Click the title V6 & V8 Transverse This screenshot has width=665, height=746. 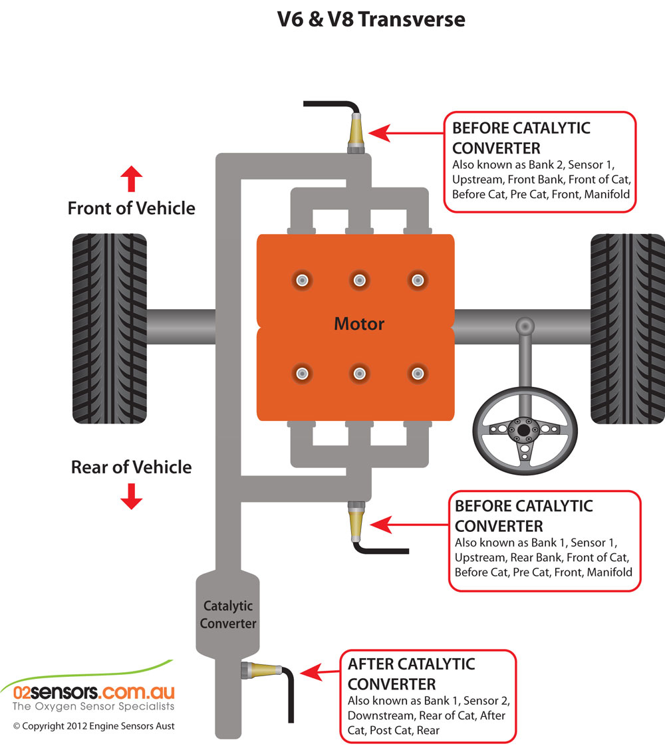click(371, 20)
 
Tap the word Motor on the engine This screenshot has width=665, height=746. click(359, 324)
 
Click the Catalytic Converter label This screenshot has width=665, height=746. click(228, 615)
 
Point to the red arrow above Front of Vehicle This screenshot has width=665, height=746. click(132, 179)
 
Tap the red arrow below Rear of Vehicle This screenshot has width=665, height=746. click(132, 496)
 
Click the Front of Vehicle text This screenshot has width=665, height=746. click(132, 208)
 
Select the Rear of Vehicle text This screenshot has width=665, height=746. click(132, 467)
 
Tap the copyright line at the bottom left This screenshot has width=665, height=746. click(94, 726)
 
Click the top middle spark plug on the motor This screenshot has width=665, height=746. click(359, 279)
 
